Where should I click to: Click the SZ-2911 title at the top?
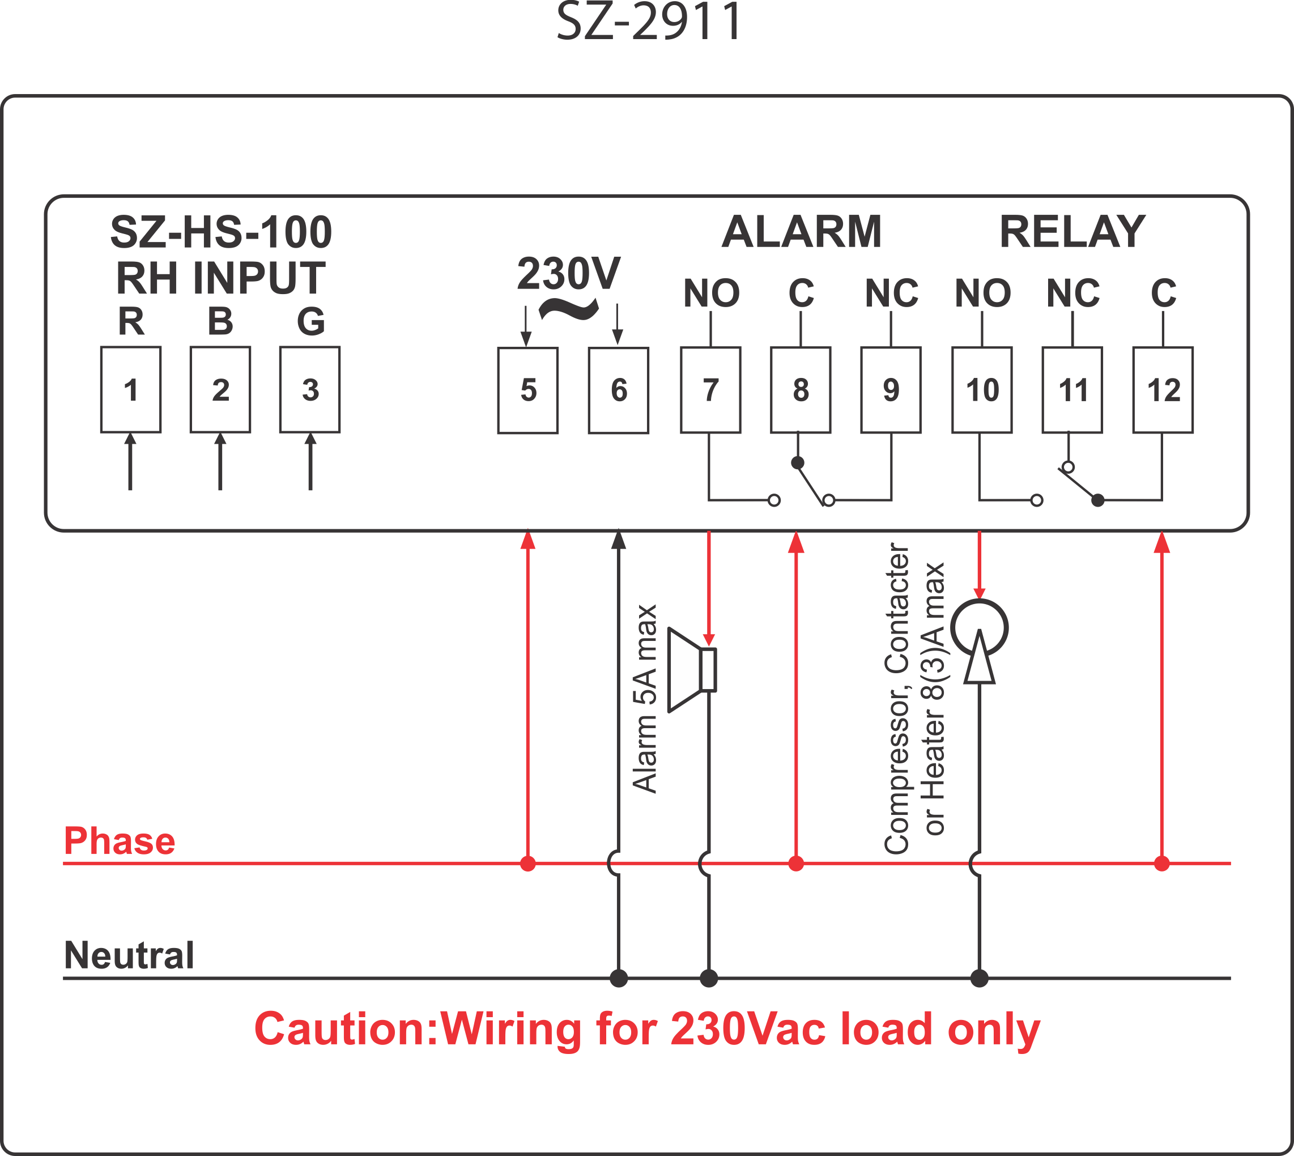(x=649, y=22)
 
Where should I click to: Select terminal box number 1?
(x=131, y=389)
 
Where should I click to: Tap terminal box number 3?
(x=310, y=389)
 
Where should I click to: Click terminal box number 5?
(x=527, y=390)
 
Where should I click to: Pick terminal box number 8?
(x=801, y=389)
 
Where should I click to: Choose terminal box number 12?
(x=1163, y=389)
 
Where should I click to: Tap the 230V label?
(x=568, y=274)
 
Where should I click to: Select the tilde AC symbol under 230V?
(x=568, y=309)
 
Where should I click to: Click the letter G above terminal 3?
(x=311, y=321)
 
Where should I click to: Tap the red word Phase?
(x=120, y=841)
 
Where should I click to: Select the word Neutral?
(x=129, y=955)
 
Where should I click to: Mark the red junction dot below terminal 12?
(x=1162, y=863)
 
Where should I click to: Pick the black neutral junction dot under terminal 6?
(x=619, y=978)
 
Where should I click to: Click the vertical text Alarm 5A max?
(x=645, y=699)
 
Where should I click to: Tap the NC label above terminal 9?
(x=891, y=293)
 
